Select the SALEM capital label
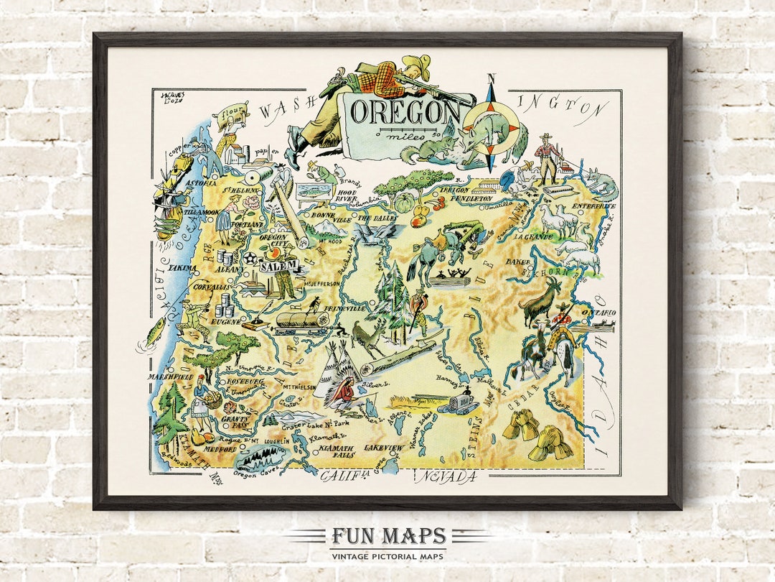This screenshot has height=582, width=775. click(278, 266)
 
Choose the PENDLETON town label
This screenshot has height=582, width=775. click(477, 198)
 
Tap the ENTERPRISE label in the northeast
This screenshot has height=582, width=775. click(593, 206)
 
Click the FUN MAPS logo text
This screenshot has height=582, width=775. click(387, 537)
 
